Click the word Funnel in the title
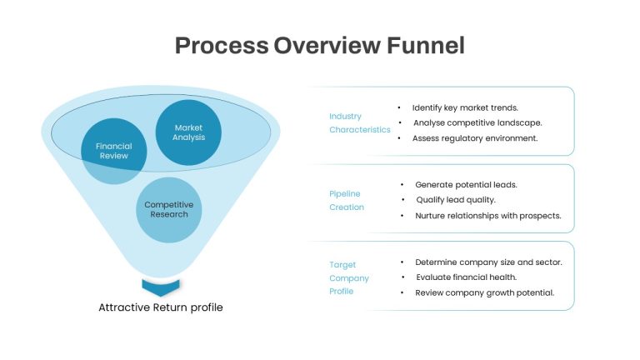pos(425,45)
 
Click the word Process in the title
pos(222,45)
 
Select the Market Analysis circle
pos(188,132)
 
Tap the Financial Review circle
pos(114,151)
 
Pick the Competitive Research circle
pos(168,210)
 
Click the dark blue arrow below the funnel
pos(161,287)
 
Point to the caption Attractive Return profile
pos(161,307)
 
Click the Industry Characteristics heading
pos(360,122)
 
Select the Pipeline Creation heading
pos(347,200)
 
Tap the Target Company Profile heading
pos(349,278)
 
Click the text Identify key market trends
pos(465,107)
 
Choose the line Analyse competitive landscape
pos(477,122)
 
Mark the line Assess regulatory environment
pos(475,138)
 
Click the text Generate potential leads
pos(466,185)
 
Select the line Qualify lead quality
pos(456,200)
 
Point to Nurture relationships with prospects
pos(488,216)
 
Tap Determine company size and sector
pos(488,262)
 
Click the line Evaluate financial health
pos(466,277)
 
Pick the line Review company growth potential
pos(484,292)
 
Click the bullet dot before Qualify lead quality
pos(402,200)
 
